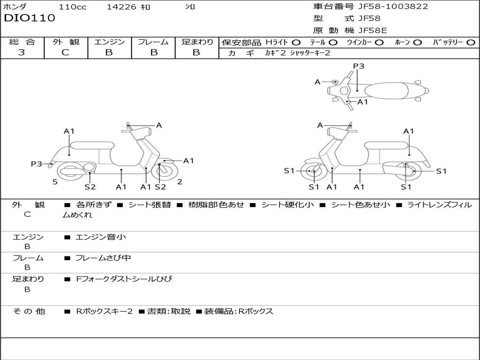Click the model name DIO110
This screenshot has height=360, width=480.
pos(30,18)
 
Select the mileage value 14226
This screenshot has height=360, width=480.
pos(121,7)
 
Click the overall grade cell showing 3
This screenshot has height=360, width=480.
pos(22,52)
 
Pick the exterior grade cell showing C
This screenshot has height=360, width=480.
pos(65,52)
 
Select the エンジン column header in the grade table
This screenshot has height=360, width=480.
pos(109,42)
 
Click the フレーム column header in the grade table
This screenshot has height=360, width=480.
pos(153,42)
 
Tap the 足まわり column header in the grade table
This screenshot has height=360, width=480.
pos(197,42)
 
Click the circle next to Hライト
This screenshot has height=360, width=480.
pos(296,43)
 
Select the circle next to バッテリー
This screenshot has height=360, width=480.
pos(471,43)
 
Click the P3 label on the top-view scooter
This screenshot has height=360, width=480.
pos(359,66)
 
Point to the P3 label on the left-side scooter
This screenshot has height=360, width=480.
pos(37,164)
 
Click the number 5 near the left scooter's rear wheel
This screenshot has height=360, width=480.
pos(55,182)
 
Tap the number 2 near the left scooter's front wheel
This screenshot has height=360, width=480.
pos(180,182)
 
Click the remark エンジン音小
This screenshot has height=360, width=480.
pos(100,237)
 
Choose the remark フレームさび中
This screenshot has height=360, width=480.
pos(103,258)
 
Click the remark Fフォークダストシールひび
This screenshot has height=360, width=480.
pos(124,279)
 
